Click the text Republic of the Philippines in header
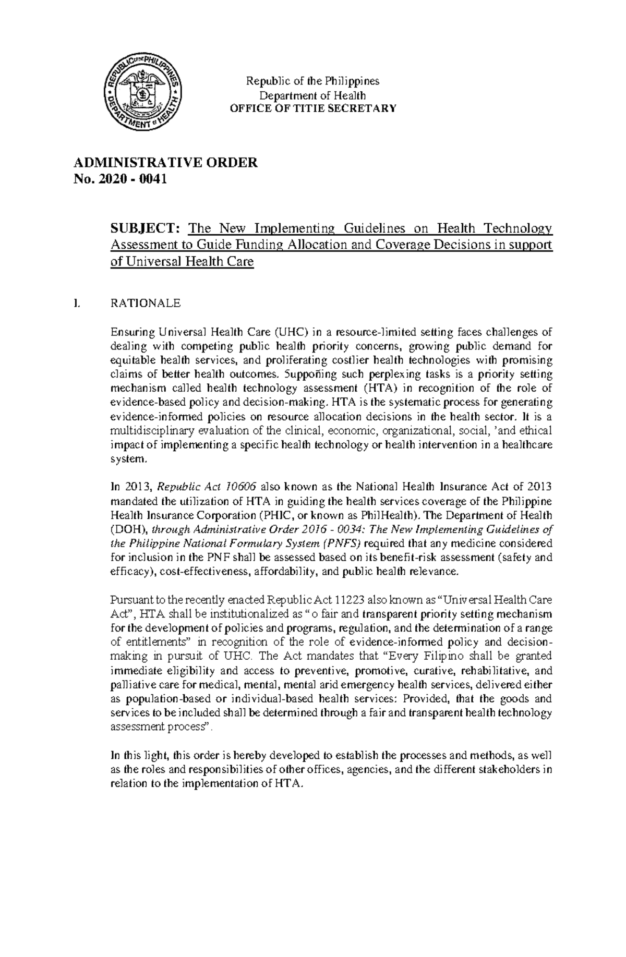pos(313,81)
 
